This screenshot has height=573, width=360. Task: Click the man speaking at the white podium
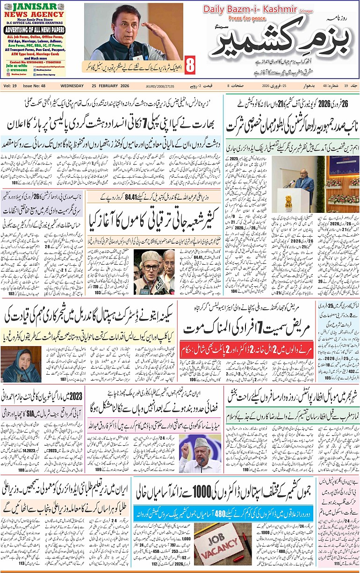[304, 180]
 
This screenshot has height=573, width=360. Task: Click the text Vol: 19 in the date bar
[10, 86]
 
